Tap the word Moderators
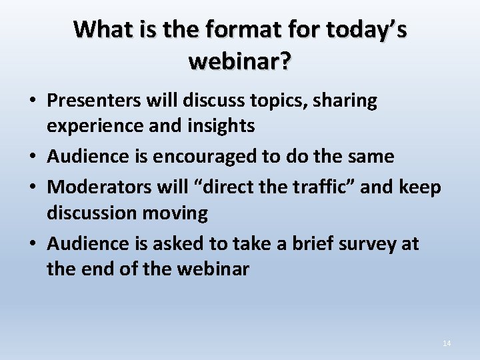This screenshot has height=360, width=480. tap(98, 187)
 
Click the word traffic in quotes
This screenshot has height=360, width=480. tap(323, 187)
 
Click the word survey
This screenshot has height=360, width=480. tap(361, 243)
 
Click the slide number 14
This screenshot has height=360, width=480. tap(447, 343)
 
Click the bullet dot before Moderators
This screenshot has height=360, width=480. tap(32, 188)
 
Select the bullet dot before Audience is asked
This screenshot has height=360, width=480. tap(32, 245)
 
